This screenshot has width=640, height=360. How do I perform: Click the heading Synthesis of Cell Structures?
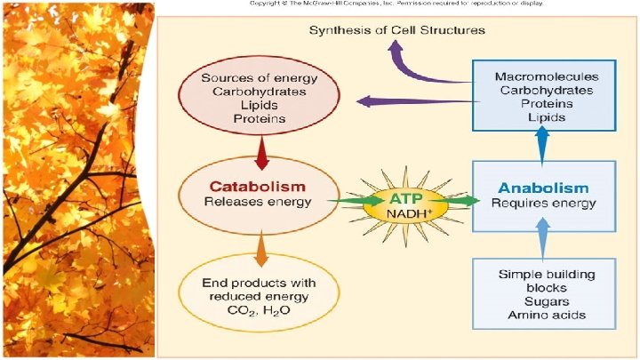396,30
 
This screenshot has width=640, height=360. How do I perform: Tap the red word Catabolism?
258,187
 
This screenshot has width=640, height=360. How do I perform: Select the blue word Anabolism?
544,188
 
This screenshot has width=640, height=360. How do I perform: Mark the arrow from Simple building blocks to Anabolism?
542,236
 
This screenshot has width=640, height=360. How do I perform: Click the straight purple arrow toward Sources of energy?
413,101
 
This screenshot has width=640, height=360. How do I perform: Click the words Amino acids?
545,316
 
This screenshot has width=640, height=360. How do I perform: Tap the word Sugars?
545,301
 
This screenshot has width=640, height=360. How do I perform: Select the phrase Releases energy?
258,202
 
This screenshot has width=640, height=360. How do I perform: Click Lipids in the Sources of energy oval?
259,103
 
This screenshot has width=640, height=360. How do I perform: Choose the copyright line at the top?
396,4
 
